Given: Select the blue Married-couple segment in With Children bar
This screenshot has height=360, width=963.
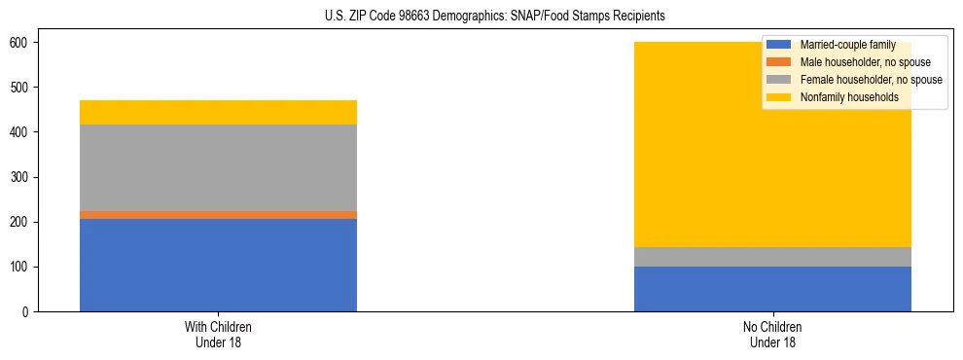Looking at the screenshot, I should (x=218, y=265).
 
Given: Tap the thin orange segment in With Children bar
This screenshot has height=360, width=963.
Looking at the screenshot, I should (x=218, y=215).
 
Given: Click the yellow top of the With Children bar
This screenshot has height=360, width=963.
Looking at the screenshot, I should (x=218, y=113).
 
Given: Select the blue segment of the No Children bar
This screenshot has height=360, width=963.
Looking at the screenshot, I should (x=772, y=289).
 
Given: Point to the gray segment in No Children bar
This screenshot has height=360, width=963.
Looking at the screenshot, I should (x=772, y=257).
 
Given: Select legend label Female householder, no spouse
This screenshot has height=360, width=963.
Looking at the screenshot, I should (x=871, y=80).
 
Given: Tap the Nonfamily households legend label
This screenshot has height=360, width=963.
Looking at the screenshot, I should (x=848, y=97).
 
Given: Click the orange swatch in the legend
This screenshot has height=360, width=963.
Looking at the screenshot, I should (x=779, y=63).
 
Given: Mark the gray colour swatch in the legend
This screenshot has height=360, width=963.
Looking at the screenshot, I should (x=779, y=80).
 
